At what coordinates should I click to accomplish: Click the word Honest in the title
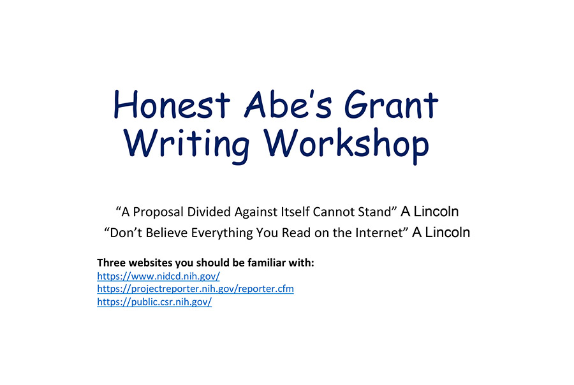pyautogui.click(x=172, y=105)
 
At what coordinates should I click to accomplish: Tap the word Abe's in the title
pyautogui.click(x=288, y=105)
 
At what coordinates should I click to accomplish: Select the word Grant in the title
pyautogui.click(x=391, y=105)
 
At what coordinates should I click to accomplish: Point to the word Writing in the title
pyautogui.click(x=186, y=145)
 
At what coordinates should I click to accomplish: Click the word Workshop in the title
pyautogui.click(x=346, y=145)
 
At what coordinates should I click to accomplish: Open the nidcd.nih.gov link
pyautogui.click(x=159, y=276)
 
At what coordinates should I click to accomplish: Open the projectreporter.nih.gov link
pyautogui.click(x=196, y=289)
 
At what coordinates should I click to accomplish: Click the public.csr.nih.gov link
pyautogui.click(x=154, y=302)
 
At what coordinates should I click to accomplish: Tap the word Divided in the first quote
pyautogui.click(x=209, y=212)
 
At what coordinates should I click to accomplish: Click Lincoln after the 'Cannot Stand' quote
pyautogui.click(x=436, y=212)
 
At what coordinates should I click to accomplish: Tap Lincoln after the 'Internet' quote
pyautogui.click(x=447, y=233)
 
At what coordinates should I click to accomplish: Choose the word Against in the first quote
pyautogui.click(x=256, y=212)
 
